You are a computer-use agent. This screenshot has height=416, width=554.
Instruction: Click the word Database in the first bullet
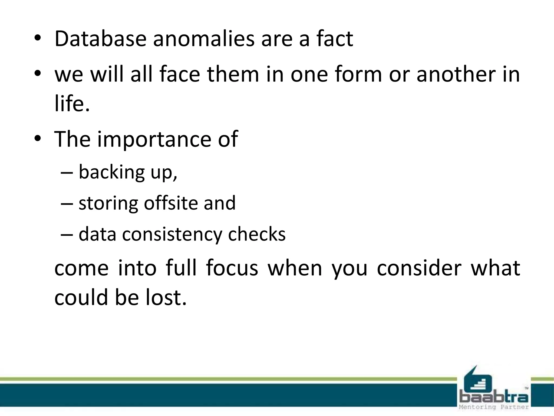click(x=100, y=39)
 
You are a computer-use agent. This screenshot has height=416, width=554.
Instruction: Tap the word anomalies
click(x=204, y=39)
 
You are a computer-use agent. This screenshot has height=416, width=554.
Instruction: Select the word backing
click(x=112, y=172)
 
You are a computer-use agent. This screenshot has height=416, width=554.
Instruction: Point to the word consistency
click(x=172, y=234)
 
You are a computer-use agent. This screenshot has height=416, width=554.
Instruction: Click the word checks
click(x=257, y=234)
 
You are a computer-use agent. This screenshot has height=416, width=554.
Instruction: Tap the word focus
click(x=232, y=268)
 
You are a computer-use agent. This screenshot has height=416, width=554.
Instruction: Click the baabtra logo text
click(x=494, y=397)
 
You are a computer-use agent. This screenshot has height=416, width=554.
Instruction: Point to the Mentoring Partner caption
click(x=494, y=407)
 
